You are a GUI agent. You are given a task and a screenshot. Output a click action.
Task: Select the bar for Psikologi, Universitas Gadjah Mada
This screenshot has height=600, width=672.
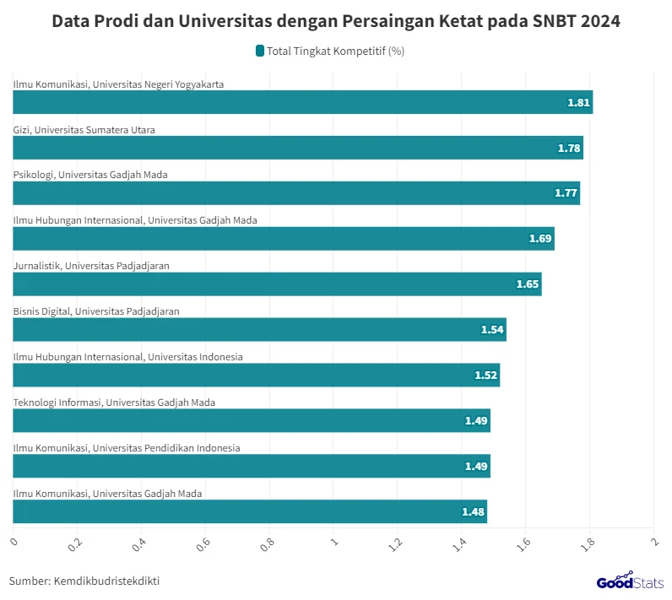[x=296, y=193]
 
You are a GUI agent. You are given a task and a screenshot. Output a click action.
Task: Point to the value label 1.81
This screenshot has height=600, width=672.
[x=578, y=103]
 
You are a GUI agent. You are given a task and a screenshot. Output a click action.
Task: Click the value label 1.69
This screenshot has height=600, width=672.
[x=540, y=240]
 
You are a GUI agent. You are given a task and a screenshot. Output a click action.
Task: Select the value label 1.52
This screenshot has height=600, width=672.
[x=485, y=376]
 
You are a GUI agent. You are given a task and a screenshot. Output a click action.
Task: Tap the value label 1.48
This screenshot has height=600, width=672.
[x=473, y=512]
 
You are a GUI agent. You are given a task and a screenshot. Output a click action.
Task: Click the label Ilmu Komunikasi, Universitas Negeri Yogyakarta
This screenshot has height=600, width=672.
[x=118, y=84]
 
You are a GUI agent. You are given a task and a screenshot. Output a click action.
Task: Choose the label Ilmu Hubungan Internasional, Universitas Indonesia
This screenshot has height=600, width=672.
[x=128, y=357]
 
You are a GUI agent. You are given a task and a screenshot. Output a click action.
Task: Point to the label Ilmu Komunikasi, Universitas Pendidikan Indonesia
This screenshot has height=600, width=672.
[x=127, y=448]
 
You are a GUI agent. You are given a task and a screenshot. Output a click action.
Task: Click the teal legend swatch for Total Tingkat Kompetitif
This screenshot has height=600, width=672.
[x=260, y=51]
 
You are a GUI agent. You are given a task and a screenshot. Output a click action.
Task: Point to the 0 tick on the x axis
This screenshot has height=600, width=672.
[x=14, y=540]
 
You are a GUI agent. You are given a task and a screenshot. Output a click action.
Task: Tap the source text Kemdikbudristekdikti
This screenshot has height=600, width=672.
[x=106, y=581]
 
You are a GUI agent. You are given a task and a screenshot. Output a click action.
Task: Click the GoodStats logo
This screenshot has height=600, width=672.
[x=630, y=581]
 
